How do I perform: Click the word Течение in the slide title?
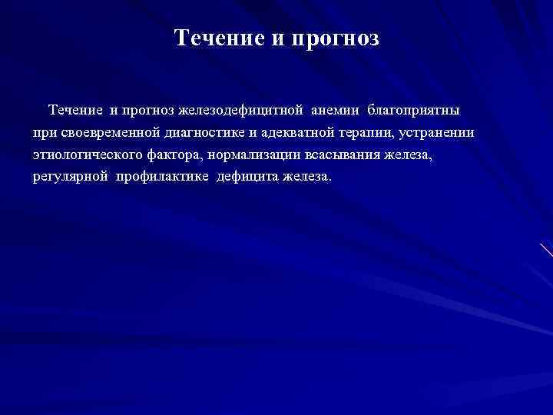point(217,38)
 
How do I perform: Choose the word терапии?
point(367,133)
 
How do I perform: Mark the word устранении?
point(437,133)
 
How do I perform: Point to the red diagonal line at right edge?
point(545,250)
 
